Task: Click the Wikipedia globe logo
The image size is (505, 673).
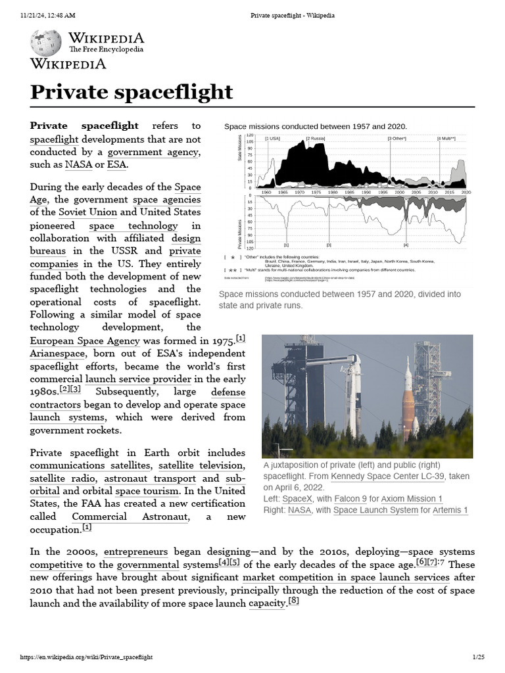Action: coord(45,43)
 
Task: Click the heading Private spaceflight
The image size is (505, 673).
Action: coord(132,91)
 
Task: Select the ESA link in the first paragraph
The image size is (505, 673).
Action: coord(117,164)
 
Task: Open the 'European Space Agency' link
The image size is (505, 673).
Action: coord(85,340)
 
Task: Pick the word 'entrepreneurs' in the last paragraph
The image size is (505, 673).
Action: coord(135,552)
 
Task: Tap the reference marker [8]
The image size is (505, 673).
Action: coord(294,601)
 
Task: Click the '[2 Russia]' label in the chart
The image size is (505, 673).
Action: coord(316,139)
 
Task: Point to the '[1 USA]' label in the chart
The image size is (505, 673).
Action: coord(272,139)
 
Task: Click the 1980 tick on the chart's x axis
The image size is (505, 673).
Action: coord(333,192)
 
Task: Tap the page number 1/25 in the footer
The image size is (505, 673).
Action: coord(478,657)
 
